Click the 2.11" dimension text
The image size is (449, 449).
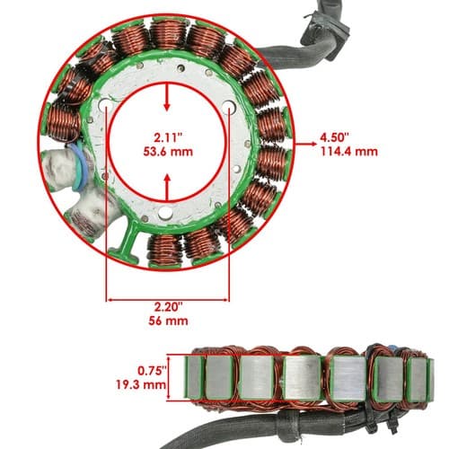pyautogui.click(x=168, y=138)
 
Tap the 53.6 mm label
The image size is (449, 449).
pyautogui.click(x=168, y=152)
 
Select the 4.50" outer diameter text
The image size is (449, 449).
pyautogui.click(x=335, y=138)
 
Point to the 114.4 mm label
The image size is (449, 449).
pyautogui.click(x=349, y=152)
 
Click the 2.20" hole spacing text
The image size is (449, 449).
pyautogui.click(x=169, y=307)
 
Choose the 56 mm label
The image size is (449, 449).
pyautogui.click(x=168, y=321)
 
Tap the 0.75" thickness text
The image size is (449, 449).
pyautogui.click(x=152, y=371)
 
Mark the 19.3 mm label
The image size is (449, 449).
pyautogui.click(x=141, y=384)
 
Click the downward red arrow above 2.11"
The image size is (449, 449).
pyautogui.click(x=167, y=98)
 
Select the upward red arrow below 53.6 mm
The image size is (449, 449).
pyautogui.click(x=167, y=188)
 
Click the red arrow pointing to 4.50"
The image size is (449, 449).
pyautogui.click(x=306, y=144)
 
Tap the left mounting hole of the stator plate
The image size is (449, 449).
pyautogui.click(x=106, y=105)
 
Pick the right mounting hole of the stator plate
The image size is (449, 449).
pyautogui.click(x=229, y=107)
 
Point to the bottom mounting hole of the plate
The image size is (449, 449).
pyautogui.click(x=165, y=213)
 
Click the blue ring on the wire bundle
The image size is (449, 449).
pyautogui.click(x=81, y=167)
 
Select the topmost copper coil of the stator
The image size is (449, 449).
pyautogui.click(x=168, y=33)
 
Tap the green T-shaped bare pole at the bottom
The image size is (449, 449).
pyautogui.click(x=128, y=240)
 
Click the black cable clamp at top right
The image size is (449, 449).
pyautogui.click(x=326, y=34)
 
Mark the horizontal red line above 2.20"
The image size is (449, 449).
pyautogui.click(x=168, y=299)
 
